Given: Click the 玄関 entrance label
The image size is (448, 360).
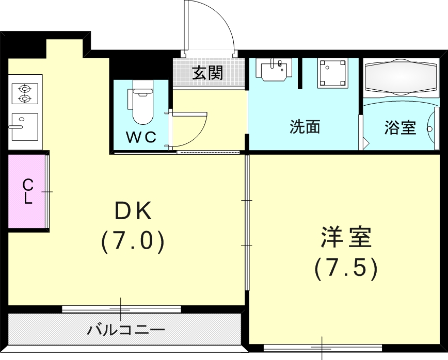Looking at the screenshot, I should (207, 73).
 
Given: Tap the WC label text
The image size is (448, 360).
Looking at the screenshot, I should (141, 137).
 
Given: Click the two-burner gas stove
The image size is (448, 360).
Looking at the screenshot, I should (25, 93).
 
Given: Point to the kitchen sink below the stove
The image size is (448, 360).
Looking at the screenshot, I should (24, 126).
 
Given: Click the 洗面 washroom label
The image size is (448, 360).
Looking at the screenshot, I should (305, 127).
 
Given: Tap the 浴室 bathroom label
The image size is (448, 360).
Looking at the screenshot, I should (400, 127).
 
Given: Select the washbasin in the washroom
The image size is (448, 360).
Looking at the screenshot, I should (274, 70).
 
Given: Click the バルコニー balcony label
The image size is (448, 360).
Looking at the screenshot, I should (126, 329).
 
